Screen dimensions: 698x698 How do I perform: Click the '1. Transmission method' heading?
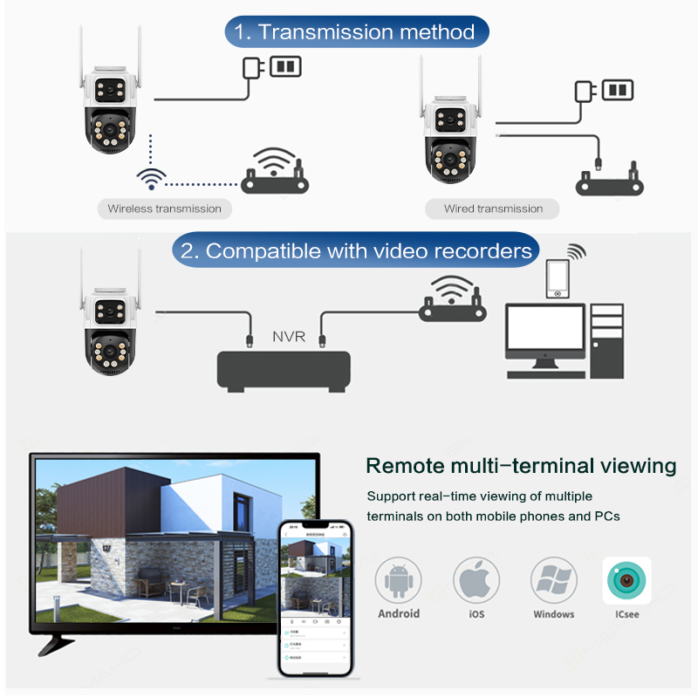pos(357,32)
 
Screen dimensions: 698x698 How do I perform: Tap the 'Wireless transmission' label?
pos(164,209)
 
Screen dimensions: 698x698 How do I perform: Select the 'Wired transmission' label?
pos(493,209)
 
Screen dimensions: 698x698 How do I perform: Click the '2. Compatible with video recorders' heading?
pos(356,251)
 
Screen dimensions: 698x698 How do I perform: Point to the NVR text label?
pos(289,336)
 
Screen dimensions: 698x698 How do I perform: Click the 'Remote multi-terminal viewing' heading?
pos(521,465)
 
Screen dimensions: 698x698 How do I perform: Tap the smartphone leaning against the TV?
pos(314,599)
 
